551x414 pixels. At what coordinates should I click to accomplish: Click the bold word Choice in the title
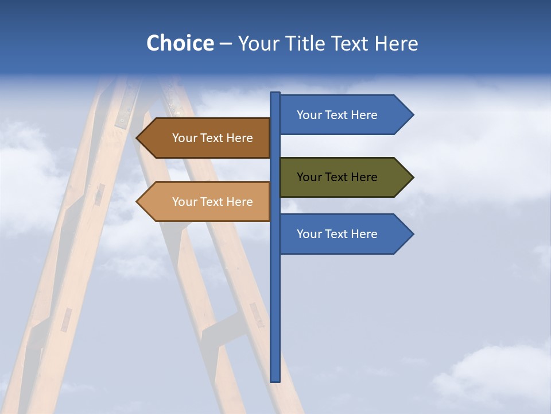[x=180, y=43]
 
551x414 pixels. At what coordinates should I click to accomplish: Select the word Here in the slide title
[x=396, y=43]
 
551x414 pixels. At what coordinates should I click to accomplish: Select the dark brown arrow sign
[x=207, y=138]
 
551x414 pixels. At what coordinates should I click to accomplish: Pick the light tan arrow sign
[x=207, y=202]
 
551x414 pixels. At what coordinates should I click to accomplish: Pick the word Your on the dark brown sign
[x=184, y=138]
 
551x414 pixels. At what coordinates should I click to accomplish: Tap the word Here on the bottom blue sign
[x=364, y=234]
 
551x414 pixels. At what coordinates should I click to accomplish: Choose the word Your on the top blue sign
[x=308, y=115]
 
